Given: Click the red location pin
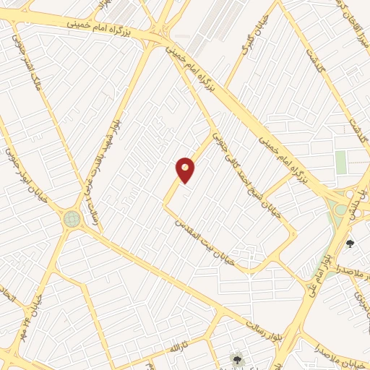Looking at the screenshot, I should coord(185,169).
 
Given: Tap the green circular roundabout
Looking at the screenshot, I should coord(72,218).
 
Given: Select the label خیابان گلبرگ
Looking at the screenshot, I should coord(257,36).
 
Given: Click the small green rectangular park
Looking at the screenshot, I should coord(341,163).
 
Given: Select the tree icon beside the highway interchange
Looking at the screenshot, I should coord(350,244).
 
